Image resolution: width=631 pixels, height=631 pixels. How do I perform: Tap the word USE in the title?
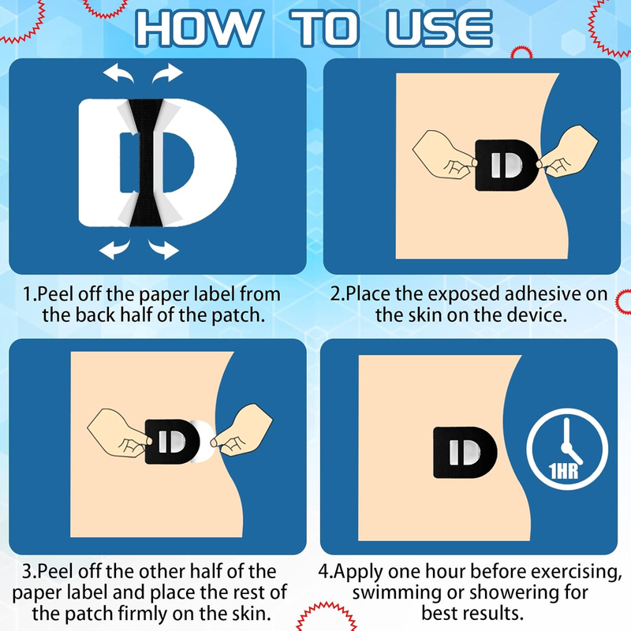coord(439,28)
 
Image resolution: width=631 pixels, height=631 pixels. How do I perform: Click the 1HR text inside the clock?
coord(563,470)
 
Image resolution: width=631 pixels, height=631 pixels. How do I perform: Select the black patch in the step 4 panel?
coord(465,452)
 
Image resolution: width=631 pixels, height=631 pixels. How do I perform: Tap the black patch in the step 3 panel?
coord(172,442)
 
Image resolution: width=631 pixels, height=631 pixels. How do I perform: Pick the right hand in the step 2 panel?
coord(567,151)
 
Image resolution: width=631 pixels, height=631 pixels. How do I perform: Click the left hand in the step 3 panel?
coord(120,433)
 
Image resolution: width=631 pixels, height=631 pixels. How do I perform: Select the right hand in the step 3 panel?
coord(242,430)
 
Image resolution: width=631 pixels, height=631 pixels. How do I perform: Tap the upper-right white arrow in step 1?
coord(167,73)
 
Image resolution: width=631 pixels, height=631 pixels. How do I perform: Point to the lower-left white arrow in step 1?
coord(114,249)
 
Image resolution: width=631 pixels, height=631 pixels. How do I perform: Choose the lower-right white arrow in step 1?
coord(163,249)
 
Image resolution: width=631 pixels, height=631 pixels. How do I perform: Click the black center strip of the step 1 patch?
coord(146,162)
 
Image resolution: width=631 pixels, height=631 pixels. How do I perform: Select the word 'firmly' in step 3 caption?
coord(143,614)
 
